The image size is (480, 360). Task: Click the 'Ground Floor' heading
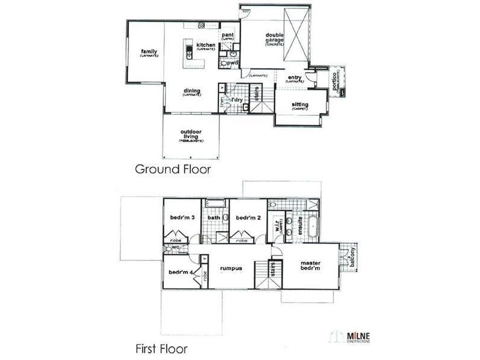pos(172,169)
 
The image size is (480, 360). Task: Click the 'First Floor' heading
pos(161,347)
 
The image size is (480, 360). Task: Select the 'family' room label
pos(149,52)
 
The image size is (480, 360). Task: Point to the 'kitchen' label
pos(205,46)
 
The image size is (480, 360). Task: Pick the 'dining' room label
pos(192,91)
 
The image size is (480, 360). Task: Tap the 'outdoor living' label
pos(191,135)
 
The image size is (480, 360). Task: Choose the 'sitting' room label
pos(299,105)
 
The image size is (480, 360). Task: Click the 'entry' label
pos(294,78)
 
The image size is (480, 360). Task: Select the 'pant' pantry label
pos(227,36)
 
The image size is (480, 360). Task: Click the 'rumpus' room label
pos(230,268)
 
